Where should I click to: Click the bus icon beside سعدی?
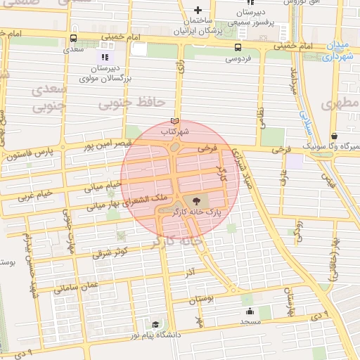(x=74, y=39)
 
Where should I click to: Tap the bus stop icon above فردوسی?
(x=238, y=48)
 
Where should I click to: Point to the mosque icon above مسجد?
(x=249, y=311)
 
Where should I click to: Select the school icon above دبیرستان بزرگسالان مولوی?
(x=105, y=57)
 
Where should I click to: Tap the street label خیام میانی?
(x=103, y=186)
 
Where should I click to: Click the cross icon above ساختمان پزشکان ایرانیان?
(x=198, y=10)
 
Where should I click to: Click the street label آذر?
(x=190, y=271)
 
